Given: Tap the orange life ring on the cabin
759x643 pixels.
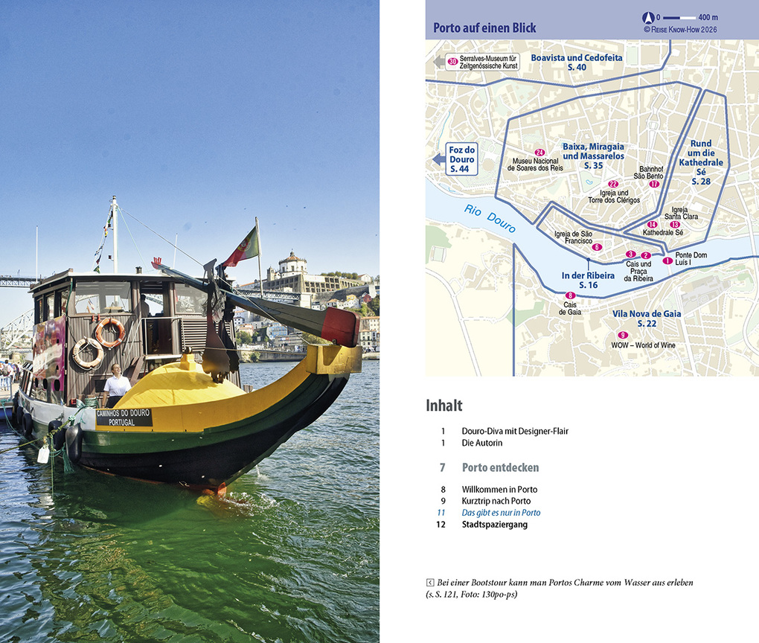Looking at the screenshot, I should click(110, 332).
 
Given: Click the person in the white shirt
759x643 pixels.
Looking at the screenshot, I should click(116, 384).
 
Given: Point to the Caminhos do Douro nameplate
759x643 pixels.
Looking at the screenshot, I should click(124, 418).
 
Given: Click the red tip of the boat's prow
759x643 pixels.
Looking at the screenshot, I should click(341, 327).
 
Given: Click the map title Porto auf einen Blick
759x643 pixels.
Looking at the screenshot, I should click(484, 28).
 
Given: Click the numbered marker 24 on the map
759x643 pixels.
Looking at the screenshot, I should click(540, 153).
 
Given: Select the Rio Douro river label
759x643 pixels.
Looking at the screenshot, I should click(490, 217).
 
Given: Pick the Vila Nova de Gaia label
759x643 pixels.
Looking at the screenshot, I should click(646, 319).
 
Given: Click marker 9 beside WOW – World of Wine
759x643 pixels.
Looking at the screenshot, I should click(623, 335).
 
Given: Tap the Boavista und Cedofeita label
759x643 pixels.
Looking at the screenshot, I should click(577, 62).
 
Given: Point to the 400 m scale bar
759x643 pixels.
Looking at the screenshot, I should click(680, 17).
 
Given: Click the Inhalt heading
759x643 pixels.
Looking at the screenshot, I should click(444, 406).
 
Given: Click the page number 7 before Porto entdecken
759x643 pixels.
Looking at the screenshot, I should click(442, 467).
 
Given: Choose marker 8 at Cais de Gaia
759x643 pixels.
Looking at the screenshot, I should click(571, 295).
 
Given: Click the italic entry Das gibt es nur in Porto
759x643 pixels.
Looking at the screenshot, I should click(501, 513).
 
